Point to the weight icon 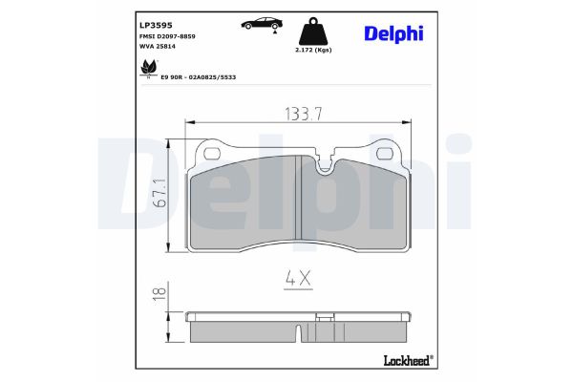click(x=313, y=28)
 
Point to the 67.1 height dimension click(x=160, y=193)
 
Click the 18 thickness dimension click(x=160, y=294)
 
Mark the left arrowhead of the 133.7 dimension click(x=188, y=122)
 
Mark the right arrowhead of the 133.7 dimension click(x=419, y=122)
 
